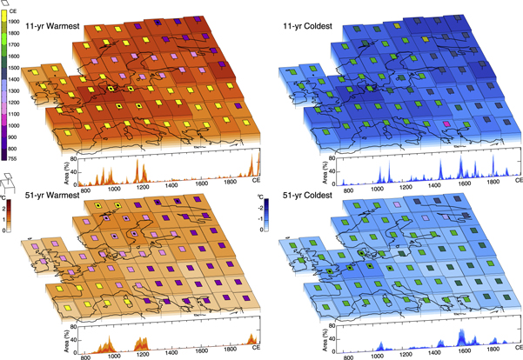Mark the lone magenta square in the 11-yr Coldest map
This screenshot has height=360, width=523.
pos(448,125)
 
